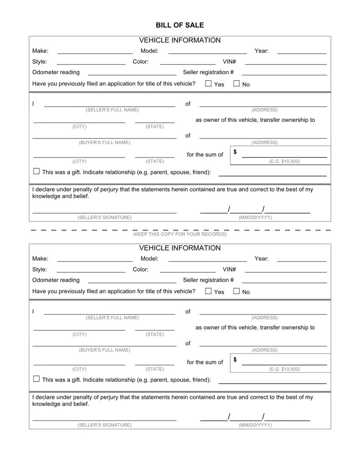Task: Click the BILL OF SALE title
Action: (x=180, y=25)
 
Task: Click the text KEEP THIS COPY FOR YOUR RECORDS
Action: (x=180, y=234)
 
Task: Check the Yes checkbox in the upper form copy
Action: (x=208, y=83)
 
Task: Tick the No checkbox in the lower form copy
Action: (x=236, y=291)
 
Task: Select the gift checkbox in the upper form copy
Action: (x=36, y=172)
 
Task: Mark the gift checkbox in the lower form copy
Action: (x=36, y=379)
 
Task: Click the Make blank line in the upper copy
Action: (x=95, y=53)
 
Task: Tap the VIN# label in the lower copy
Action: (x=229, y=269)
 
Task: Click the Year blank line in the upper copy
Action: (x=301, y=53)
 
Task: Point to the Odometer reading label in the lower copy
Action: (x=56, y=280)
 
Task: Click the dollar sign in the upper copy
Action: (x=235, y=152)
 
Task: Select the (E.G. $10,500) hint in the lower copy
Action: (x=284, y=369)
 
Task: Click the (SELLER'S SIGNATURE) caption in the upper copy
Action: (x=105, y=218)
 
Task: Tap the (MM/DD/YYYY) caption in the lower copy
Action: (x=255, y=425)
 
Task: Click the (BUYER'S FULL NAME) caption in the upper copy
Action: (x=105, y=143)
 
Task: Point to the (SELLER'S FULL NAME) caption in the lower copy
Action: (x=112, y=318)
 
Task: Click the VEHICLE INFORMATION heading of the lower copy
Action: (x=180, y=248)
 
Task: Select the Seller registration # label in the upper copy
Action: (x=208, y=72)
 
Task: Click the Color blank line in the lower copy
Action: (x=188, y=272)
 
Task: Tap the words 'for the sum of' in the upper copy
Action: (x=205, y=155)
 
